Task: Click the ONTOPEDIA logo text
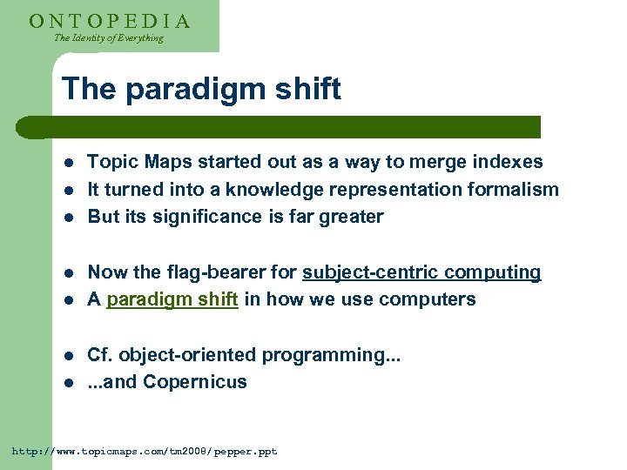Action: click(110, 21)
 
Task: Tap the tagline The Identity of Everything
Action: click(109, 38)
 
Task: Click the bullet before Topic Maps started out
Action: click(69, 163)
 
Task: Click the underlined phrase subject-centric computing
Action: click(421, 272)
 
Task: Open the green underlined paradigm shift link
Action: click(172, 299)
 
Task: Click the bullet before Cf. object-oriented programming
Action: click(69, 356)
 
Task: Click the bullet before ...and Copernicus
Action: click(69, 383)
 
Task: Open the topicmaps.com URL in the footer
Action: click(144, 452)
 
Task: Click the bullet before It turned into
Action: click(69, 191)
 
